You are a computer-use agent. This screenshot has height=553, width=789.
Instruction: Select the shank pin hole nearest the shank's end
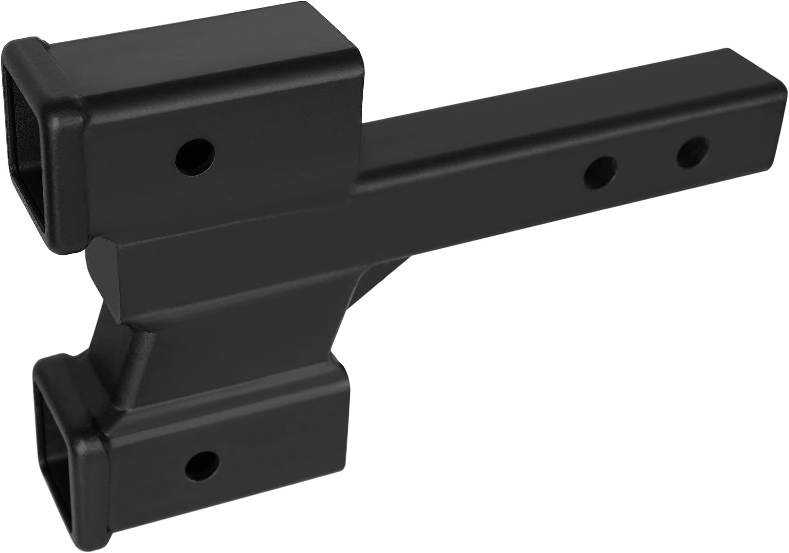(x=693, y=152)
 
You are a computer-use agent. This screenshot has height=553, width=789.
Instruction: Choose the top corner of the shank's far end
(x=728, y=64)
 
